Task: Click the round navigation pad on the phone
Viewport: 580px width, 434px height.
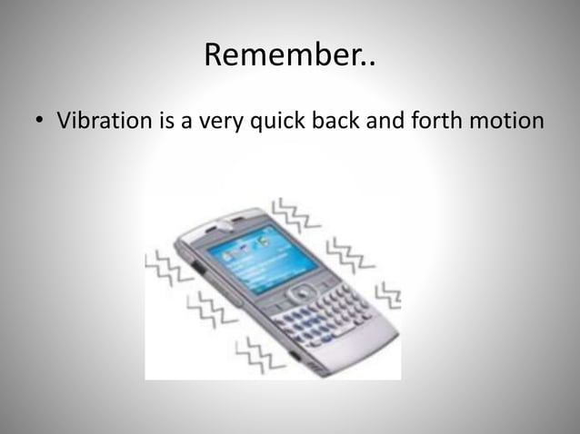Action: coord(300,293)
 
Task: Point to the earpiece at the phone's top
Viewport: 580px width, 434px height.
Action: coord(233,221)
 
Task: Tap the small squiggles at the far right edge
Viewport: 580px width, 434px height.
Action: coord(389,292)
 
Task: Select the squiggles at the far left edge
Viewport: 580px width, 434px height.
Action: coord(165,269)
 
